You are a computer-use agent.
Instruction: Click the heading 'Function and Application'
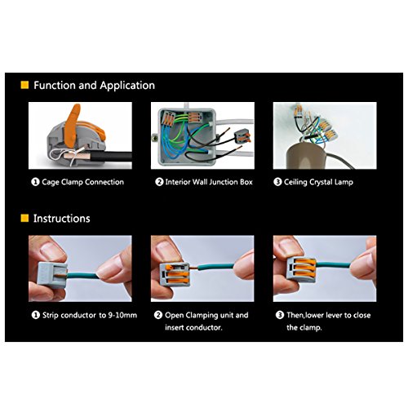point(94,86)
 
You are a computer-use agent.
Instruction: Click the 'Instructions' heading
point(62,219)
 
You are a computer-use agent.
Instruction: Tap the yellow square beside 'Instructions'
point(24,218)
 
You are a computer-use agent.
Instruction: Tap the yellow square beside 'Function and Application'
point(24,85)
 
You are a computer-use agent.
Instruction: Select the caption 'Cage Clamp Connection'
point(83,182)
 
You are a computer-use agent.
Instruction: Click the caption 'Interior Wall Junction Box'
point(209,182)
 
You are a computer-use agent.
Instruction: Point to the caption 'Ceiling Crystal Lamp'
point(318,182)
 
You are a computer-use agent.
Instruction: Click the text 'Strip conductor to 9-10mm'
point(90,315)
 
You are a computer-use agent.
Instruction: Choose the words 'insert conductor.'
point(193,327)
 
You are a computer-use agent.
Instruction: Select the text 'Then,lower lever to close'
point(329,315)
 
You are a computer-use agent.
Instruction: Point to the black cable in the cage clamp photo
point(112,157)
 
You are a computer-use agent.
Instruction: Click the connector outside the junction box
point(242,136)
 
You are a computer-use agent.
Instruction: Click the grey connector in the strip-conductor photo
point(52,274)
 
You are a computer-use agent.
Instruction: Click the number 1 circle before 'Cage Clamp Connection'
point(35,182)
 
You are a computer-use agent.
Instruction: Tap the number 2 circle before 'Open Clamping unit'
point(158,315)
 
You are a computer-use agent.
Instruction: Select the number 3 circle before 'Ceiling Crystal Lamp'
point(277,182)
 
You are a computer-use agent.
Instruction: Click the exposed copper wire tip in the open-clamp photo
point(193,268)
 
